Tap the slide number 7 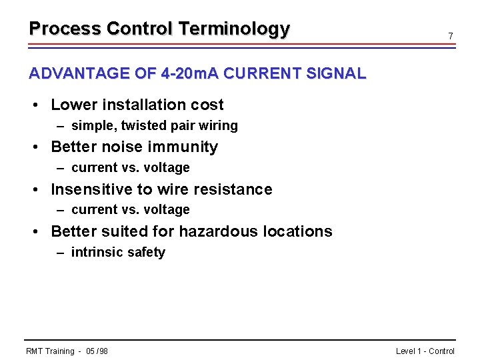click(451, 35)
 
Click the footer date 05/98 click(97, 351)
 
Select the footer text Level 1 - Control click(425, 351)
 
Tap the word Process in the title click(65, 29)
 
